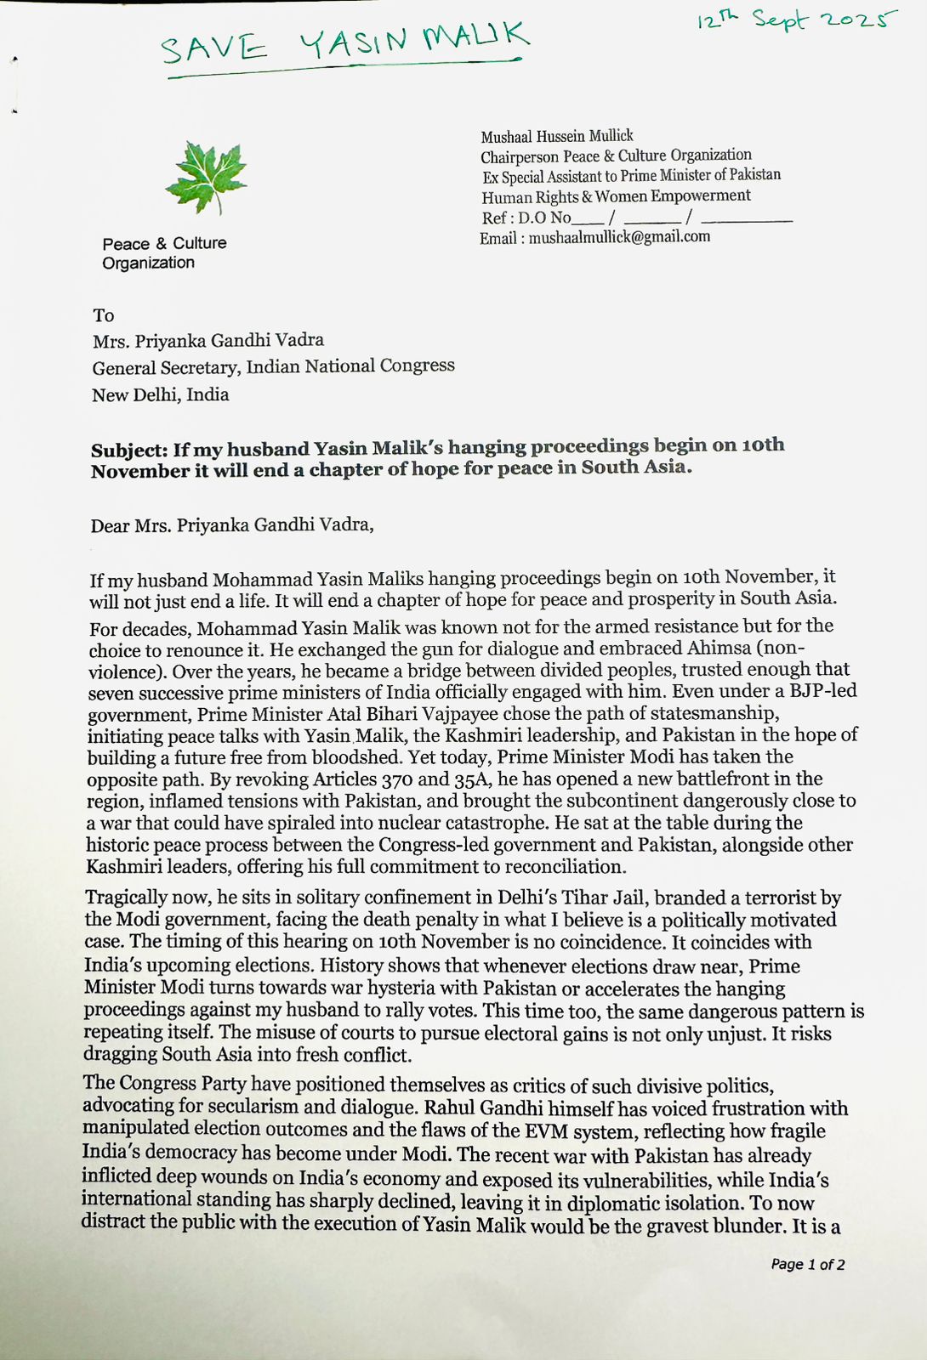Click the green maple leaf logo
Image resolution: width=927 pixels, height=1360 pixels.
pos(207,177)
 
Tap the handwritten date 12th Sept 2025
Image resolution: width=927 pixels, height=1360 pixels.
pos(796,20)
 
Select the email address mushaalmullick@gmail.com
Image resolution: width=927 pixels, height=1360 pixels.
pos(619,238)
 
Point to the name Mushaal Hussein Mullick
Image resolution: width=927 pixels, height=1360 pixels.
pos(557,136)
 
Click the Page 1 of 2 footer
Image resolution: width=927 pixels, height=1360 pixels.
pos(807,1264)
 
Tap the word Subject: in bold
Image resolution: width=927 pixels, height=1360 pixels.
pos(129,450)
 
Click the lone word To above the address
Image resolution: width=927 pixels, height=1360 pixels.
pos(104,315)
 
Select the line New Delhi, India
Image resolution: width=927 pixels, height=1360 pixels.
pos(161,394)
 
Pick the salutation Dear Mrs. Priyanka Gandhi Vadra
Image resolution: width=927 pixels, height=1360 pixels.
pos(232,524)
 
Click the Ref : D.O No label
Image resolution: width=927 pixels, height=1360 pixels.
pos(526,218)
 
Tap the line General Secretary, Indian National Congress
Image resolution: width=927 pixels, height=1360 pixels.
pos(274,367)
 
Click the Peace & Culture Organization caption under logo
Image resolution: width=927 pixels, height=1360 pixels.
pos(164,252)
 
